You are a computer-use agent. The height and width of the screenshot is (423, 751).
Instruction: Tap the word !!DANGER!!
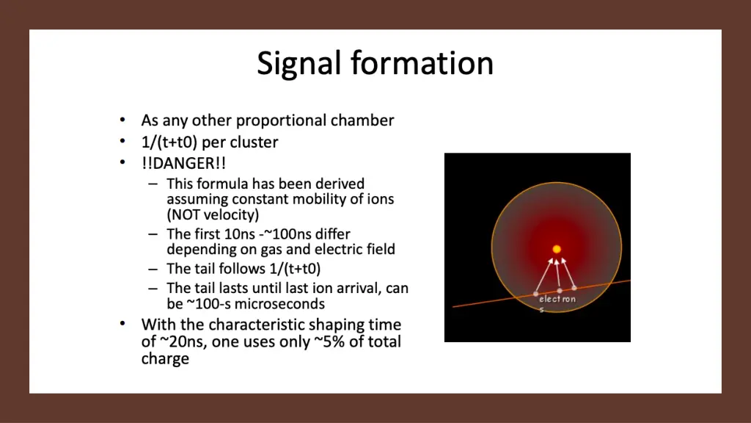coord(178,162)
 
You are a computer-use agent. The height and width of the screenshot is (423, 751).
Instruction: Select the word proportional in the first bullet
coord(281,120)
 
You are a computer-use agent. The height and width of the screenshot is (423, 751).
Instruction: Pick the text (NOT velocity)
coord(213,214)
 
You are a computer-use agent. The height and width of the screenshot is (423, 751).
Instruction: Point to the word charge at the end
coord(165,359)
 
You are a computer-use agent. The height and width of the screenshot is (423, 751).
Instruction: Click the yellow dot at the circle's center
coord(557,249)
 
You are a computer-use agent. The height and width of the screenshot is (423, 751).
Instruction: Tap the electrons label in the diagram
coord(557,300)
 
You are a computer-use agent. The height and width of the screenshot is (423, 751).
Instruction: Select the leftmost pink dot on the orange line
coord(535,294)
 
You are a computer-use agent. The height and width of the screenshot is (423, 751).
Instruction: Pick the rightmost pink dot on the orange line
coord(574,288)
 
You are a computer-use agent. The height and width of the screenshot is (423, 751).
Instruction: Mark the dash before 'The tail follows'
coord(152,269)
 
